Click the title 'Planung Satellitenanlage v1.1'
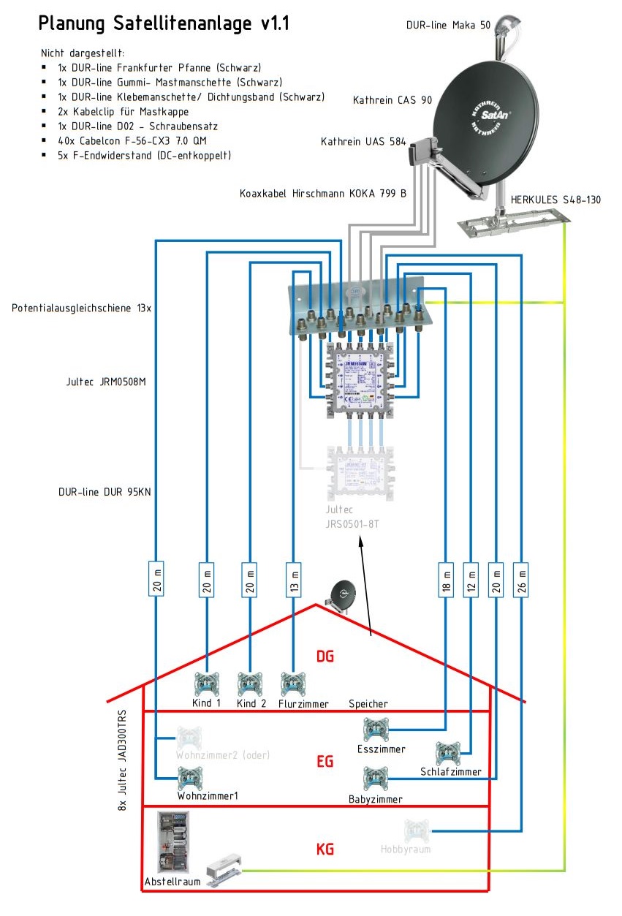(x=164, y=24)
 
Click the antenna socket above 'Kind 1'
(x=206, y=684)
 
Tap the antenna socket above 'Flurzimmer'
(x=293, y=684)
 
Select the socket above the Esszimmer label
(x=376, y=730)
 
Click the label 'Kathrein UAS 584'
(x=363, y=141)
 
